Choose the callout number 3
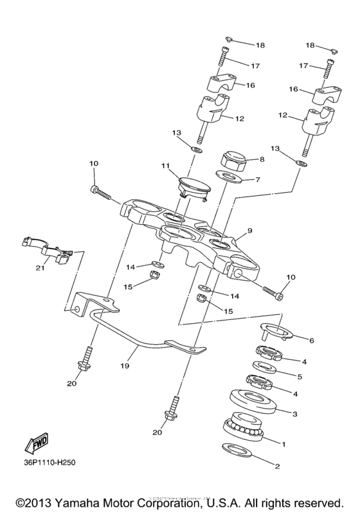(295, 414)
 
